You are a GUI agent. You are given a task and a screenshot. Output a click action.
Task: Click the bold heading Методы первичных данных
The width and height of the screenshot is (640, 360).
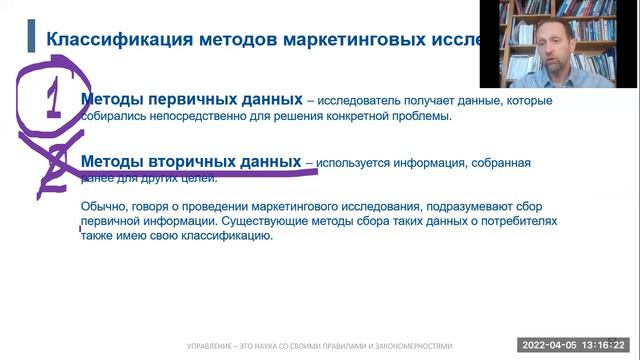[191, 100]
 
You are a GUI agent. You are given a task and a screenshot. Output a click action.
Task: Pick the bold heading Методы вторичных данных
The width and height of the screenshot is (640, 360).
[190, 161]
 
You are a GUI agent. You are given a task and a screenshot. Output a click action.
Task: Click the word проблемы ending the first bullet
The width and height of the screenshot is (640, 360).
[420, 116]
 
